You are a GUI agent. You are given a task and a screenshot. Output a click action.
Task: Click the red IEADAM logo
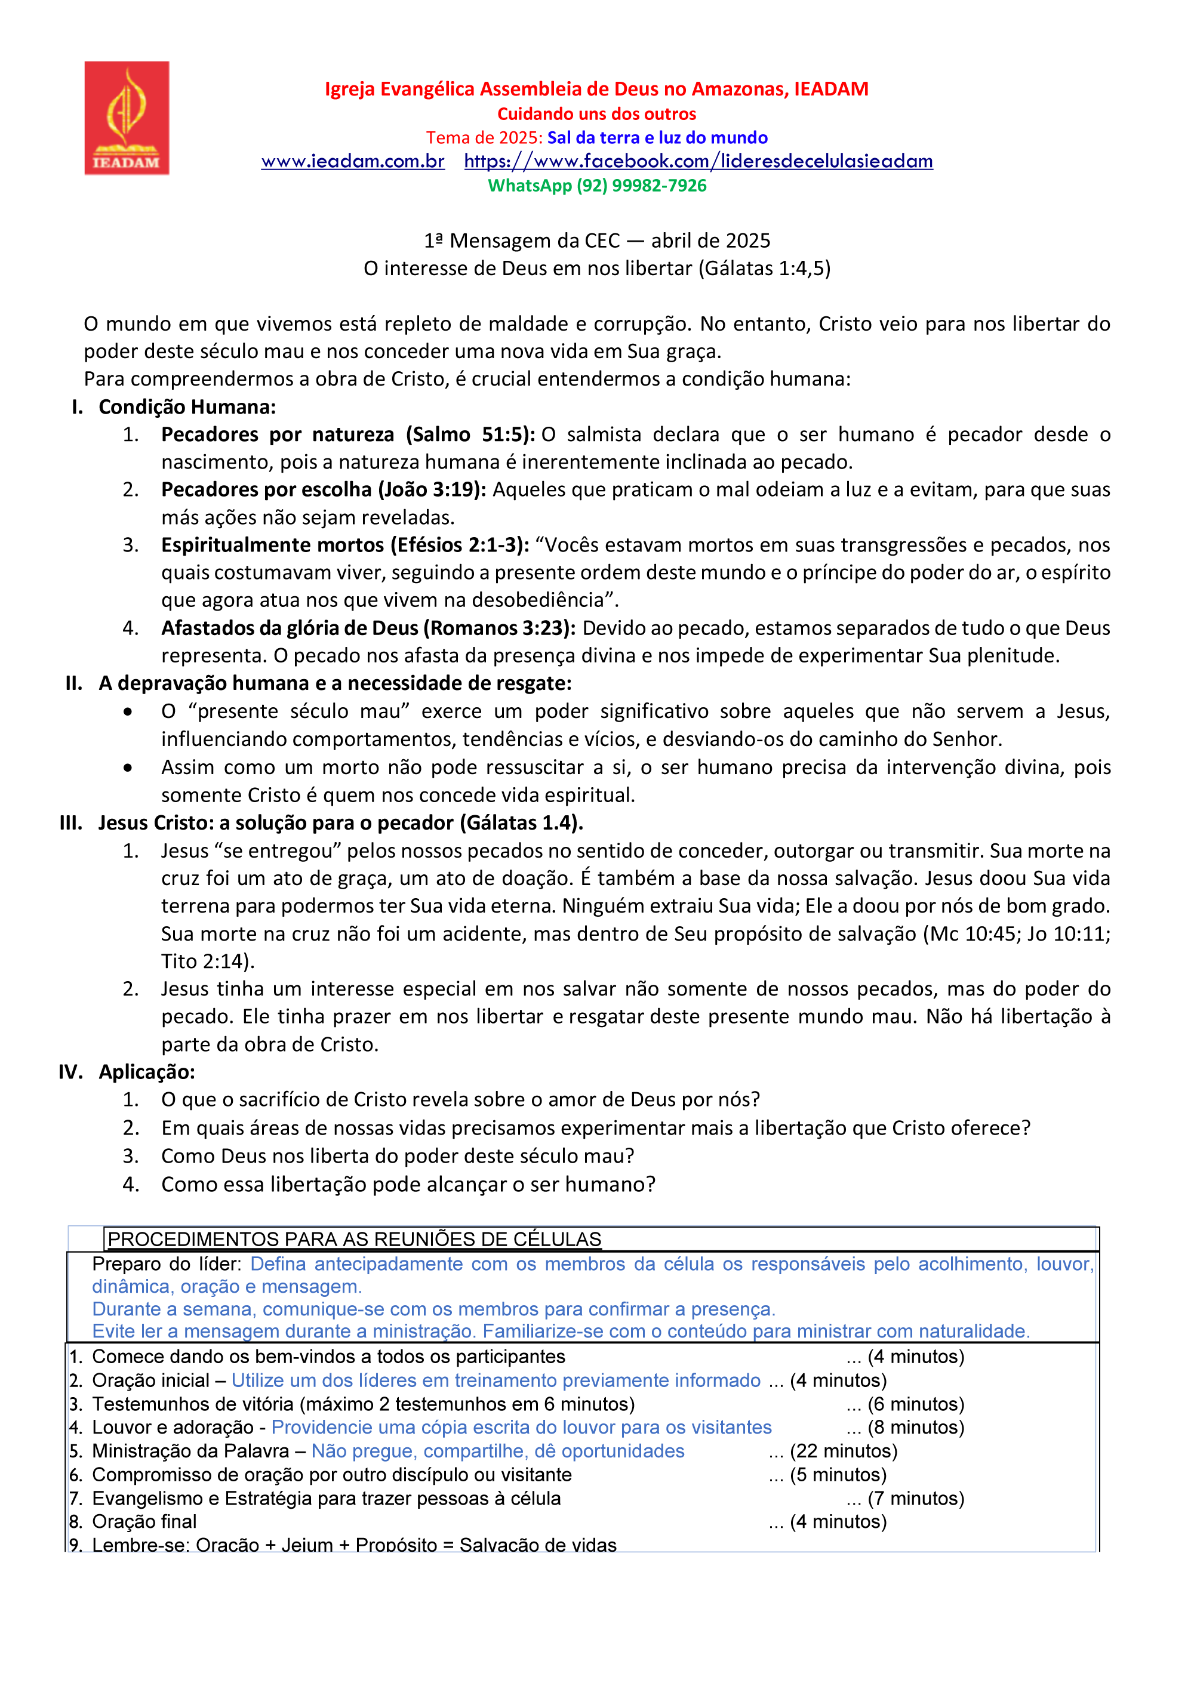(127, 118)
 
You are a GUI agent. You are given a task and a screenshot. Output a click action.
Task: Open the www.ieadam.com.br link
(352, 161)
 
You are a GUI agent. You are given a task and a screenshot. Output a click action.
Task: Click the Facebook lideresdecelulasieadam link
(698, 161)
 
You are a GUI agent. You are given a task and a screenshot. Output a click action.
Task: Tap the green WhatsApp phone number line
(596, 186)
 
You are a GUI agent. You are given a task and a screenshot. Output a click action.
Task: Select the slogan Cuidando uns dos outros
(596, 114)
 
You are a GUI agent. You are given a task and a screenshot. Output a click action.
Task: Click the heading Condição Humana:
(187, 407)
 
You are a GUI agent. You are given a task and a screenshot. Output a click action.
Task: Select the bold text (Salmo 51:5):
(470, 434)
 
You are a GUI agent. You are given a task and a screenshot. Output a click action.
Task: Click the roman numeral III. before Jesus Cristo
(72, 822)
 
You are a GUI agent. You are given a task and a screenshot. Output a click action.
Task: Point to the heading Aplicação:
(147, 1072)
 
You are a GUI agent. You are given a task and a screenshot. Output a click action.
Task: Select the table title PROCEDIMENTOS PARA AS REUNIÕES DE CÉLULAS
(354, 1240)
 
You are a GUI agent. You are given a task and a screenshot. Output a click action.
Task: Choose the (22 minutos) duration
(843, 1451)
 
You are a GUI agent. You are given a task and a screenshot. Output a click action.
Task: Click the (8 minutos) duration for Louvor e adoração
(915, 1427)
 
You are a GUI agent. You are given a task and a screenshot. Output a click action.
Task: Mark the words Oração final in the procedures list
(144, 1521)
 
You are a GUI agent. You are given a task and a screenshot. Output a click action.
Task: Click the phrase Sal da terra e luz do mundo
(657, 137)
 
